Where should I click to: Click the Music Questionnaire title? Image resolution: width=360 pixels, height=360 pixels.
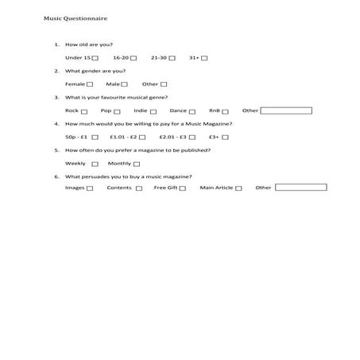coord(76,17)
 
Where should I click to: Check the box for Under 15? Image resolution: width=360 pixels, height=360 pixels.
coord(95,58)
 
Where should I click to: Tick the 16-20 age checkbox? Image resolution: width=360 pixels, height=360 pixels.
coord(134,58)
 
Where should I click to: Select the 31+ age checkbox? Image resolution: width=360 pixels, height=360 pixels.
coord(204,58)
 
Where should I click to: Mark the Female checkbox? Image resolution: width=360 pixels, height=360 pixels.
coord(90,84)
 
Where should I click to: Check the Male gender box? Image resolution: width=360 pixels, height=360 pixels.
coord(125,84)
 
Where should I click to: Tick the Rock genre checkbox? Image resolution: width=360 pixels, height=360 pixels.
coord(84,111)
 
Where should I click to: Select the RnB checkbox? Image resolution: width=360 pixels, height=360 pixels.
coord(226,111)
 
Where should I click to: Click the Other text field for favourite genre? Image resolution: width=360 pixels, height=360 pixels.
coord(286,110)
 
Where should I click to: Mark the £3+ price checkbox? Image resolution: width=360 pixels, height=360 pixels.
coord(225,137)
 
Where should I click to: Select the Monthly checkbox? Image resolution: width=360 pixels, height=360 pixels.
coord(137,164)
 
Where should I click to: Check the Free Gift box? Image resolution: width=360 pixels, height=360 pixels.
coord(183,188)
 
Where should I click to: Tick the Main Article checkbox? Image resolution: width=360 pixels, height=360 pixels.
coord(239,188)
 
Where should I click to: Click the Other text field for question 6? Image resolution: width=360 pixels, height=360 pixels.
coord(300,188)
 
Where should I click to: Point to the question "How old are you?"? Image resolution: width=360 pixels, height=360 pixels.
coord(89,45)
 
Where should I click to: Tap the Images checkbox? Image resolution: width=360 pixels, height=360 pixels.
coord(90,188)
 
